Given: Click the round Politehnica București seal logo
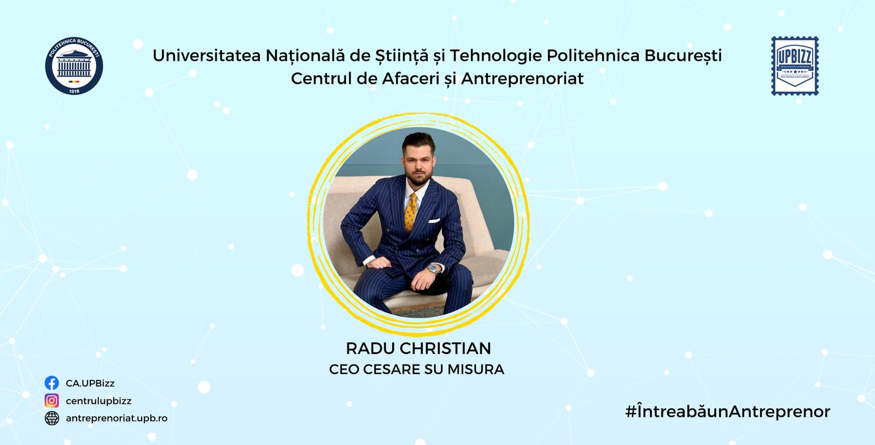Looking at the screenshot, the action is pos(74,66).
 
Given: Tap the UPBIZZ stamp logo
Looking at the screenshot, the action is pos(795,66).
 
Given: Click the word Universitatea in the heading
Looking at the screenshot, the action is pos(207,55).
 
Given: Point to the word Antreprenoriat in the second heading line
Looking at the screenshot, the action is pos(522,79).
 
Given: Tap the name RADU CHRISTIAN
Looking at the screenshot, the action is pos(418,349).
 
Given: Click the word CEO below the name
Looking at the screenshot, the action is pos(344,369).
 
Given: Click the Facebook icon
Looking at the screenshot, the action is pos(51,383).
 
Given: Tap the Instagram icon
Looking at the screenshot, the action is pos(51,401).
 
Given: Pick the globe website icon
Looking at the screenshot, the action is pos(51,418).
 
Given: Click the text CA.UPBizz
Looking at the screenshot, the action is pos(90,383).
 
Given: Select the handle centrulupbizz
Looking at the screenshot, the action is pos(98,401).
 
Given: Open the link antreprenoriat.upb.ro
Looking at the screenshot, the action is pos(116,418).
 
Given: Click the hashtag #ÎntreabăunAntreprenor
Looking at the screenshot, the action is pos(728,412).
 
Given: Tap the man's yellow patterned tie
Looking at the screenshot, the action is pos(411,213).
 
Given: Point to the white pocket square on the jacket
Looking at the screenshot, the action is pos(434,221).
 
